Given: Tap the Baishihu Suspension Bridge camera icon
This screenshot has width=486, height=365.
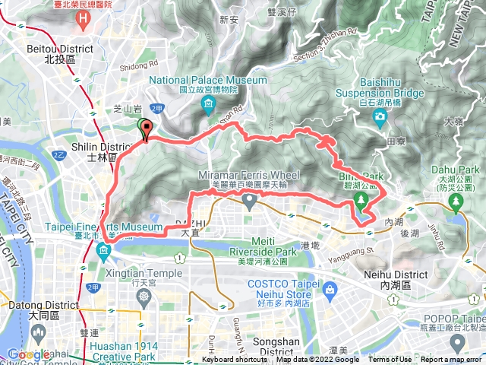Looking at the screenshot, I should (x=380, y=116).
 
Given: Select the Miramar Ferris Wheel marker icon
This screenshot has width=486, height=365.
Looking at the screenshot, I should (x=250, y=201).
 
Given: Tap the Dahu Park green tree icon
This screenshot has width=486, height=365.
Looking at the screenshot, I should (x=455, y=202).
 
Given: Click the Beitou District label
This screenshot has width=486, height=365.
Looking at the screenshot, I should (x=68, y=53).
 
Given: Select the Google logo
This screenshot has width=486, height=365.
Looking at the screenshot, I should (x=28, y=354).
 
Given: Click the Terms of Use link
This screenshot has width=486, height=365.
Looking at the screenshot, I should (x=390, y=360).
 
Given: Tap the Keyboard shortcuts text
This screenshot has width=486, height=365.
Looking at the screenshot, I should (x=235, y=360).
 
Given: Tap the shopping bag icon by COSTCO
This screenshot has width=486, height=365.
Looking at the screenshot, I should (x=331, y=290).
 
